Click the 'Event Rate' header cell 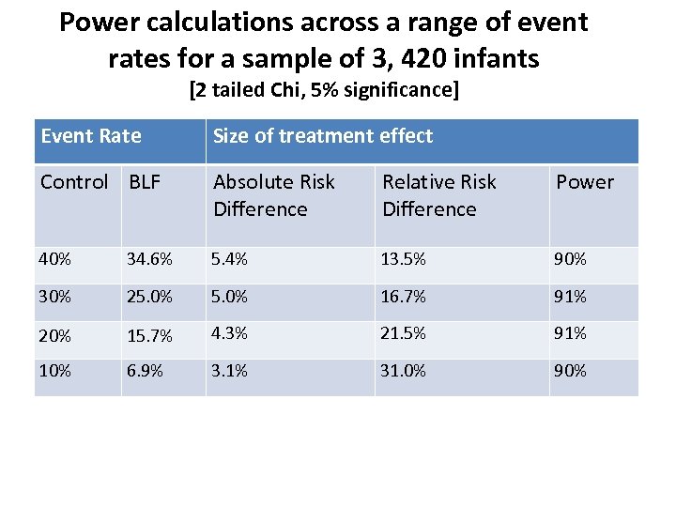(x=91, y=136)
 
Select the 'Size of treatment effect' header (x=322, y=136)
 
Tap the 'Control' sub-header (x=74, y=182)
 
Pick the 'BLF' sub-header (x=145, y=182)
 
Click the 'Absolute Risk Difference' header (x=274, y=195)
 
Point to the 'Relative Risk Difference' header (x=439, y=195)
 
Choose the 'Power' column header (x=584, y=182)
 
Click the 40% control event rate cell (x=54, y=259)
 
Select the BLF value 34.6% (x=150, y=259)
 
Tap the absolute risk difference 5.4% (x=230, y=259)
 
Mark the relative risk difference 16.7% (x=403, y=297)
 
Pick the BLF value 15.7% (x=150, y=334)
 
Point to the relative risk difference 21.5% (x=404, y=333)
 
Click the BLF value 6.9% (x=146, y=371)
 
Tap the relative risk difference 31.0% (x=404, y=371)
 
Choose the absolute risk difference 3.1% (x=230, y=371)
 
